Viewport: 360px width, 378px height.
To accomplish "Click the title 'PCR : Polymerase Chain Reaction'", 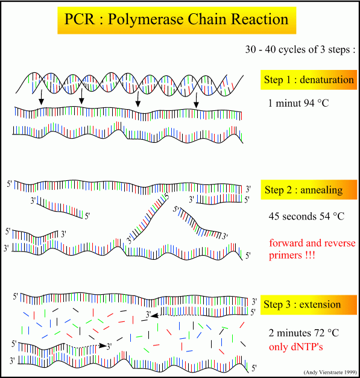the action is (x=177, y=19).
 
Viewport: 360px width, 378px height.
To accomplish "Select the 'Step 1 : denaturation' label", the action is (x=309, y=80).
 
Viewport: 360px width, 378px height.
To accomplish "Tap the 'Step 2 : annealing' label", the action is (x=303, y=190).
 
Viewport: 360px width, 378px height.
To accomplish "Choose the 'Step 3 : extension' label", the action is (x=302, y=304).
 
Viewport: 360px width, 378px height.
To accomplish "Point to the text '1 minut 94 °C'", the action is (x=298, y=103).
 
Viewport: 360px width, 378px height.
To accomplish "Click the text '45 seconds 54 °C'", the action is (x=306, y=216).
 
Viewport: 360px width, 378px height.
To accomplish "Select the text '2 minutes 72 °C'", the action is (x=304, y=333).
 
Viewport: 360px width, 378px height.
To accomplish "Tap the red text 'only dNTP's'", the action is (x=295, y=347).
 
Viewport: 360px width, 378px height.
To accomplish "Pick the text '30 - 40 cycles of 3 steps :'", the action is (x=300, y=49).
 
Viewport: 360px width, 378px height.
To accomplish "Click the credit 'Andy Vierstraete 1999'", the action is (x=330, y=373).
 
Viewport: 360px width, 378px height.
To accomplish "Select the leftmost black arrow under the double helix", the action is (x=42, y=98).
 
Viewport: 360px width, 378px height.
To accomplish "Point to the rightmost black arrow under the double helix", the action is (x=196, y=100).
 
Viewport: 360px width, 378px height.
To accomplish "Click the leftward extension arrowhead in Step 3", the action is (x=155, y=315).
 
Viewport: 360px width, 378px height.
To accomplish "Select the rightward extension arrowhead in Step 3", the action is (x=103, y=345).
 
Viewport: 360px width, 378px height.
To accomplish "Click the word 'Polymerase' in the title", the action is (x=146, y=20).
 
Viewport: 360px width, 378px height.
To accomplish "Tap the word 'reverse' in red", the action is (x=338, y=244).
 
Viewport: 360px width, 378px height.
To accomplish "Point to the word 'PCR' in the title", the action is (x=80, y=19).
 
